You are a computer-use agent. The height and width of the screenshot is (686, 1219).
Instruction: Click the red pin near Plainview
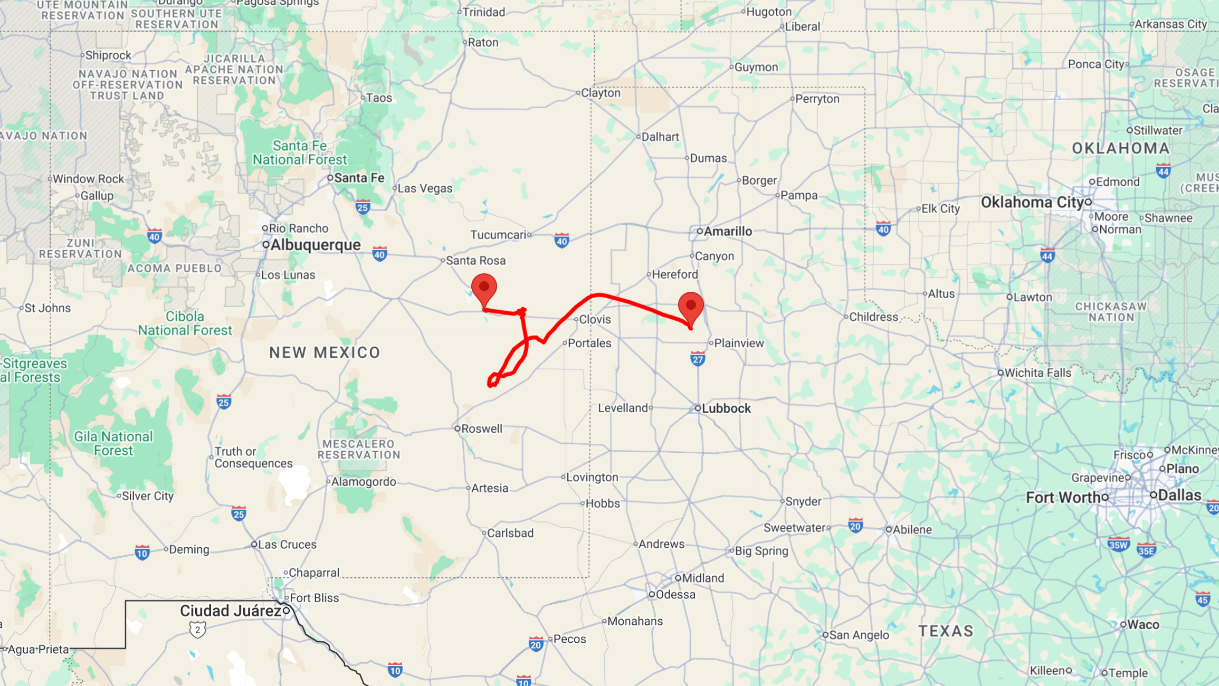tap(690, 306)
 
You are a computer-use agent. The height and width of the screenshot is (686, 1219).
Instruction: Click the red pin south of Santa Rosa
tap(484, 288)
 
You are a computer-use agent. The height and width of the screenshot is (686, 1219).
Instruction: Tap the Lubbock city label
tap(726, 408)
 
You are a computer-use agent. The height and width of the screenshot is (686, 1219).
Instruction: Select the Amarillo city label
tap(727, 231)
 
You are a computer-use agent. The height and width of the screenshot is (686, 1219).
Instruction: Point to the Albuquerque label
tap(315, 245)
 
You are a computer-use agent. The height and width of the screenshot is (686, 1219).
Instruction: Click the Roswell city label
tap(481, 429)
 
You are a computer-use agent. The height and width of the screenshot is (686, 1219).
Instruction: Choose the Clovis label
tap(595, 319)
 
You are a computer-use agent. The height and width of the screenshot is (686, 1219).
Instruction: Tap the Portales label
tap(589, 343)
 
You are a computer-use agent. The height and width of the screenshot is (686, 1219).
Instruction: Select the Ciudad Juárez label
tap(231, 611)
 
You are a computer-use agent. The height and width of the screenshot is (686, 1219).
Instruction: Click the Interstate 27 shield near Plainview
tap(698, 359)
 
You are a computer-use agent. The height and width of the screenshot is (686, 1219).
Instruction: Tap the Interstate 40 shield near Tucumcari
tap(561, 241)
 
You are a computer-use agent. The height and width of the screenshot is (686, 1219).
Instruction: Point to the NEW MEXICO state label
tap(325, 352)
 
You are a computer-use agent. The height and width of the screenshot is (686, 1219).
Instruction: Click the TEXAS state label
tap(946, 631)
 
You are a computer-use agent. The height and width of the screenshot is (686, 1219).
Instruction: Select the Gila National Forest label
tap(113, 443)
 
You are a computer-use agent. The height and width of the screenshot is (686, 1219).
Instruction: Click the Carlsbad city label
tap(510, 533)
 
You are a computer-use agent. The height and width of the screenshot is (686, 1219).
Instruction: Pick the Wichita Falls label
tap(1037, 373)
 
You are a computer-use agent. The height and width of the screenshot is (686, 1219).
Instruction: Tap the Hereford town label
tap(674, 274)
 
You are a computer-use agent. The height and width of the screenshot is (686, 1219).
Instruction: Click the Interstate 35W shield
tap(1118, 545)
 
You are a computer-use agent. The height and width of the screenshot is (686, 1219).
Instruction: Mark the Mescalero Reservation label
tap(359, 449)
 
